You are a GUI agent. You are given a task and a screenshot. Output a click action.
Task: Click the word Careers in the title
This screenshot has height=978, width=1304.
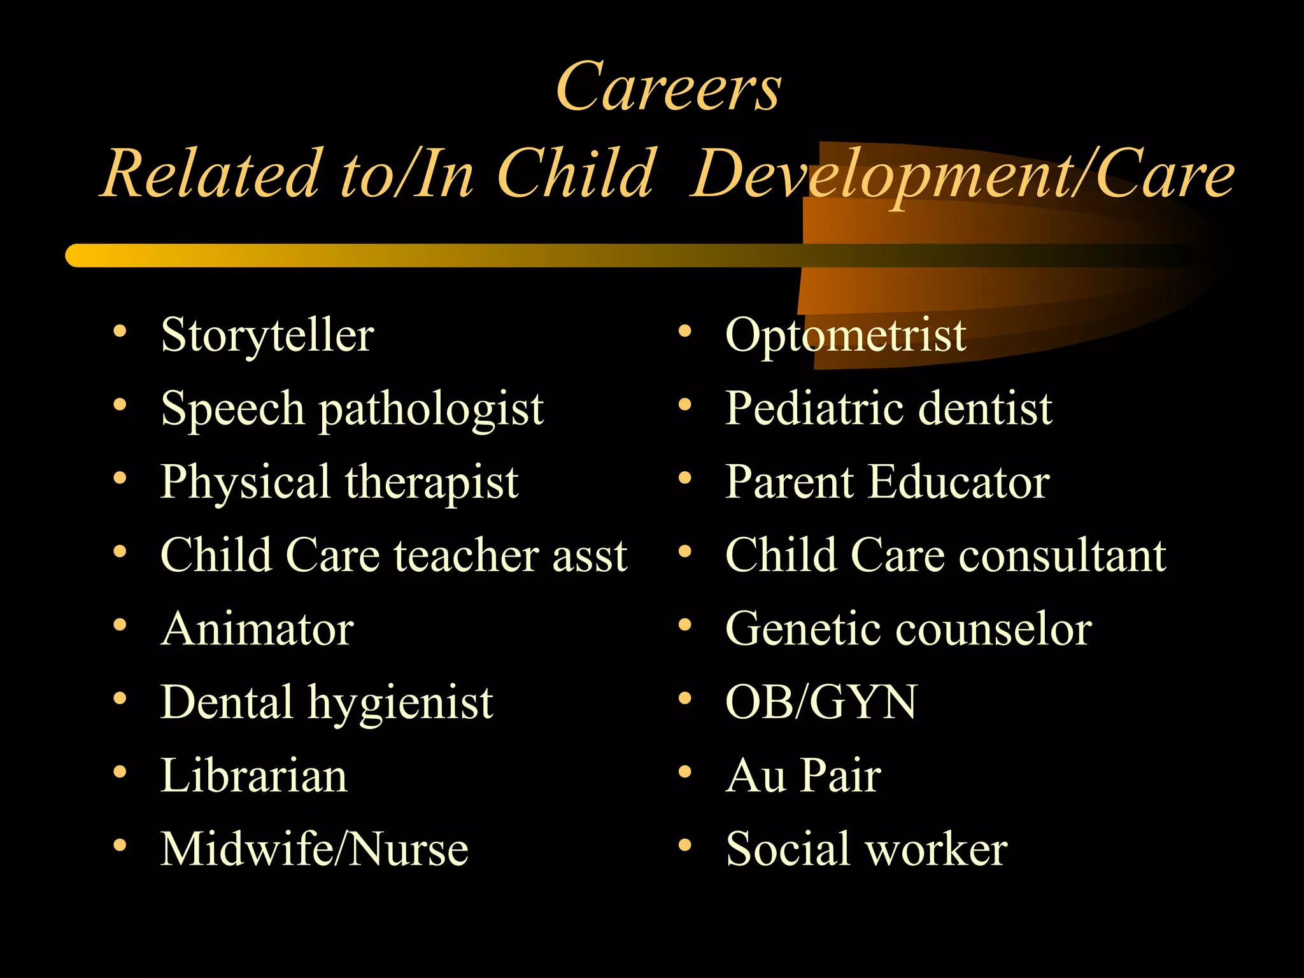coord(668,87)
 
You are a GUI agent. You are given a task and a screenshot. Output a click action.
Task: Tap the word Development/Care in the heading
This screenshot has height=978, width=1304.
coord(961,173)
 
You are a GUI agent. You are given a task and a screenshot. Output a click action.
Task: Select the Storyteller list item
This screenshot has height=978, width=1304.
coord(267,335)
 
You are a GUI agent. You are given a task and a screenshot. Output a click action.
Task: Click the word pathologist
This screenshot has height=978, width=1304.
coord(432,409)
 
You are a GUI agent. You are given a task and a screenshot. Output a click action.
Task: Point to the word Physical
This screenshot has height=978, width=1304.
coord(245,482)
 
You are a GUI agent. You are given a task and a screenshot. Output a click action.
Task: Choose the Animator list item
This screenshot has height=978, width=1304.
coord(257,629)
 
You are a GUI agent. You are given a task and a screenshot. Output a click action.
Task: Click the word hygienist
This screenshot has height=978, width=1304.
coord(400,703)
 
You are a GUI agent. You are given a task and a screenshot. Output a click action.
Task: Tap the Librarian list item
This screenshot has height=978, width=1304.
coord(254,776)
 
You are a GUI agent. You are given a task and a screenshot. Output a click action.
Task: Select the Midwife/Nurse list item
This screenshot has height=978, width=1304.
coord(315,849)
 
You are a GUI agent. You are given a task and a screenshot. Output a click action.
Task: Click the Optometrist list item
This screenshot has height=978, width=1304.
coord(846,335)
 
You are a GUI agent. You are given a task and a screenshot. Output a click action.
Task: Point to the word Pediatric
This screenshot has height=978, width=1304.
coord(814,408)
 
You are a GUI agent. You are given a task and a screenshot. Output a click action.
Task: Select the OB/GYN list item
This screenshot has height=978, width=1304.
coord(821,702)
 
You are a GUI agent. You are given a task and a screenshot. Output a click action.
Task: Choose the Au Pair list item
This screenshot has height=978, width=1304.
coord(804,776)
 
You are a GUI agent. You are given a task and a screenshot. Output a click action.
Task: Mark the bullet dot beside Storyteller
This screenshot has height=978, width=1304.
coord(120,331)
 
